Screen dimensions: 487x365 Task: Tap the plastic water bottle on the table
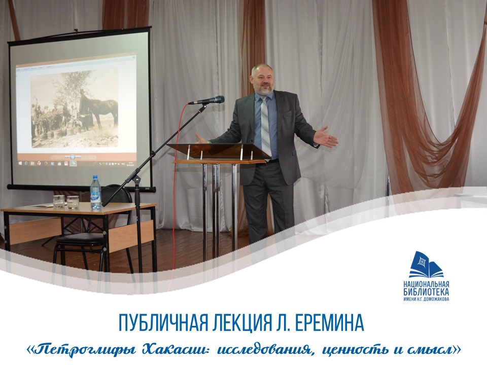[96, 193]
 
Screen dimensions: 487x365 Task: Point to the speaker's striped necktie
[265, 126]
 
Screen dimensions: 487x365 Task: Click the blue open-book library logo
[426, 265]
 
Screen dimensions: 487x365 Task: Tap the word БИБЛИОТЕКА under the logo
[426, 292]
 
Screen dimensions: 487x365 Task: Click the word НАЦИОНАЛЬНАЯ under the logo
[426, 284]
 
